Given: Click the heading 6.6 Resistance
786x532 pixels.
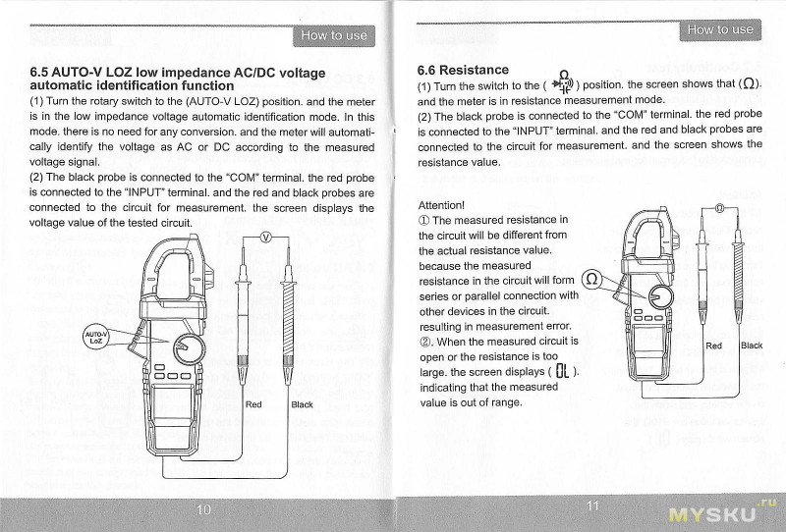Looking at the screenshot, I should [x=463, y=70].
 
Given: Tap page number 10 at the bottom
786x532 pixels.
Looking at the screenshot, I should [x=203, y=508].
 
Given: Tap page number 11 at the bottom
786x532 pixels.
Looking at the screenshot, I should [x=591, y=505].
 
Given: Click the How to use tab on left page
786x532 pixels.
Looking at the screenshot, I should [x=334, y=36].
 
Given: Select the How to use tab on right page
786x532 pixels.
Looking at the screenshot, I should [x=720, y=29].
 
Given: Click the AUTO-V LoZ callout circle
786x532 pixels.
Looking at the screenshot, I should [x=96, y=337].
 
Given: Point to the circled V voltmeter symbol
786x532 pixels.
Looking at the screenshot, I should [x=264, y=238].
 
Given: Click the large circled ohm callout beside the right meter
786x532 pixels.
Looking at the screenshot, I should [x=591, y=280].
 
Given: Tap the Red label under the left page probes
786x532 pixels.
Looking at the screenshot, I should [x=253, y=404].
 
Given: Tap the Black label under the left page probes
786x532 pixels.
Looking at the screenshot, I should [x=302, y=404].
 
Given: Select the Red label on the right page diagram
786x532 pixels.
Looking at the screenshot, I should [x=713, y=346].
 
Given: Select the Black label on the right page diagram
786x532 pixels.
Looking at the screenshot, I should [x=751, y=346].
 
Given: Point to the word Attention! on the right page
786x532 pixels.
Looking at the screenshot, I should [x=441, y=205].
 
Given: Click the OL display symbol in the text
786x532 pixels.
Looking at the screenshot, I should [x=562, y=371].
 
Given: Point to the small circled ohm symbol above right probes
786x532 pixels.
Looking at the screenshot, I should [x=720, y=208].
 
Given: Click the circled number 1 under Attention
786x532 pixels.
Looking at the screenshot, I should [x=424, y=221].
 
